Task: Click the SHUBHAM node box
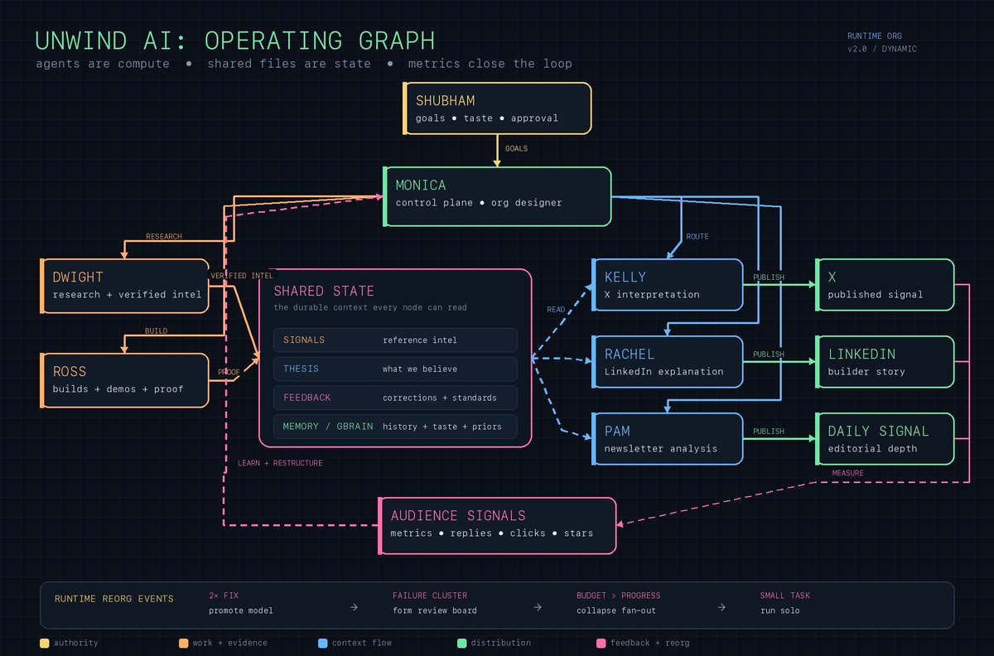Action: [x=497, y=109]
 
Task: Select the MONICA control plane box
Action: [x=497, y=196]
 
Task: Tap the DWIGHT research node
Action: [x=125, y=286]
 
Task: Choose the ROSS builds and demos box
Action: [x=125, y=380]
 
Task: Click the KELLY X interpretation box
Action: [x=668, y=285]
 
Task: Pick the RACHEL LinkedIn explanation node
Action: [x=668, y=362]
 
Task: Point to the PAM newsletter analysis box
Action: [x=668, y=439]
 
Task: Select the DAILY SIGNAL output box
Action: [x=885, y=439]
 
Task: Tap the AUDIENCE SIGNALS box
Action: [x=497, y=526]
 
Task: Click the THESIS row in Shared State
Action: [x=395, y=369]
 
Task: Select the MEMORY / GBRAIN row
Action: [x=395, y=427]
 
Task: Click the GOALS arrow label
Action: [x=517, y=149]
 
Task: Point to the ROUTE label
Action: [x=697, y=237]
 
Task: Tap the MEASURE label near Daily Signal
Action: [x=847, y=473]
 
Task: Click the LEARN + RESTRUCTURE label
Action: [x=280, y=463]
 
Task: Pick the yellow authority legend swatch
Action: [x=45, y=643]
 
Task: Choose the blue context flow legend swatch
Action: [x=322, y=643]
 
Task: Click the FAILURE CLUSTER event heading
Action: [x=430, y=596]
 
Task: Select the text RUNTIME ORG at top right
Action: [x=874, y=36]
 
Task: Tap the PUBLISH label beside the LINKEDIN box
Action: [x=769, y=355]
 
